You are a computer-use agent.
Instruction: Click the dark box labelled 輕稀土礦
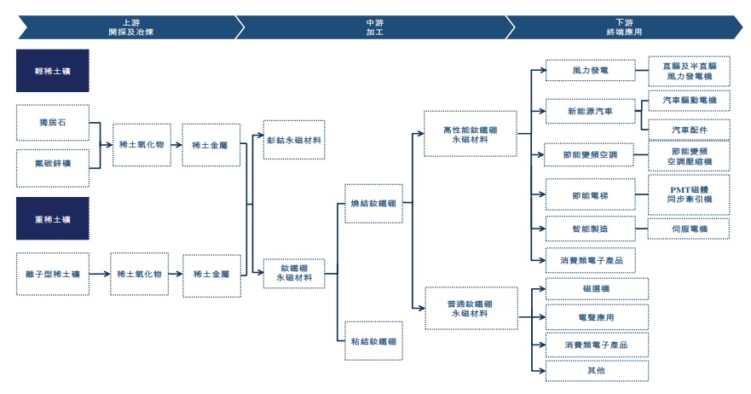pyautogui.click(x=53, y=71)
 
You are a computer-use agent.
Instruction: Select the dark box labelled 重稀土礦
pyautogui.click(x=53, y=218)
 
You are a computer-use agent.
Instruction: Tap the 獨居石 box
pyautogui.click(x=53, y=123)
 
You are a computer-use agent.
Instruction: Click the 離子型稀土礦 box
pyautogui.click(x=53, y=274)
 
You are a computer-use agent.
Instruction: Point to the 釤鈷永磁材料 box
pyautogui.click(x=294, y=140)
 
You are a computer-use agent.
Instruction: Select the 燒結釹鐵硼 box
pyautogui.click(x=373, y=204)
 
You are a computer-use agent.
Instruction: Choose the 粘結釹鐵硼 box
pyautogui.click(x=373, y=341)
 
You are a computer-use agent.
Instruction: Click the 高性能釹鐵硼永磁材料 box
pyautogui.click(x=471, y=134)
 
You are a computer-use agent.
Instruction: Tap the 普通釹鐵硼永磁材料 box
pyautogui.click(x=471, y=308)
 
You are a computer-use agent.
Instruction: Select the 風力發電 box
pyautogui.click(x=591, y=71)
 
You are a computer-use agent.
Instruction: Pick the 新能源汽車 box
pyautogui.click(x=591, y=111)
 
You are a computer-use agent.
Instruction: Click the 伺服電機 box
pyautogui.click(x=689, y=229)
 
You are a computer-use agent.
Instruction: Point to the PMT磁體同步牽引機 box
pyautogui.click(x=689, y=194)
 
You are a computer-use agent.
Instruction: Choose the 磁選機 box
pyautogui.click(x=597, y=288)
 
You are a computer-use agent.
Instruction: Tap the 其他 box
pyautogui.click(x=597, y=370)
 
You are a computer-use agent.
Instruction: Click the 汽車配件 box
pyautogui.click(x=689, y=130)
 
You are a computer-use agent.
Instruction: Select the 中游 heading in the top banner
pyautogui.click(x=375, y=22)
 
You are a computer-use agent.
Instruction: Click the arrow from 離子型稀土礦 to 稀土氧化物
pyautogui.click(x=100, y=274)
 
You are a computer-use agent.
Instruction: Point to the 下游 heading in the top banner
pyautogui.click(x=625, y=22)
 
